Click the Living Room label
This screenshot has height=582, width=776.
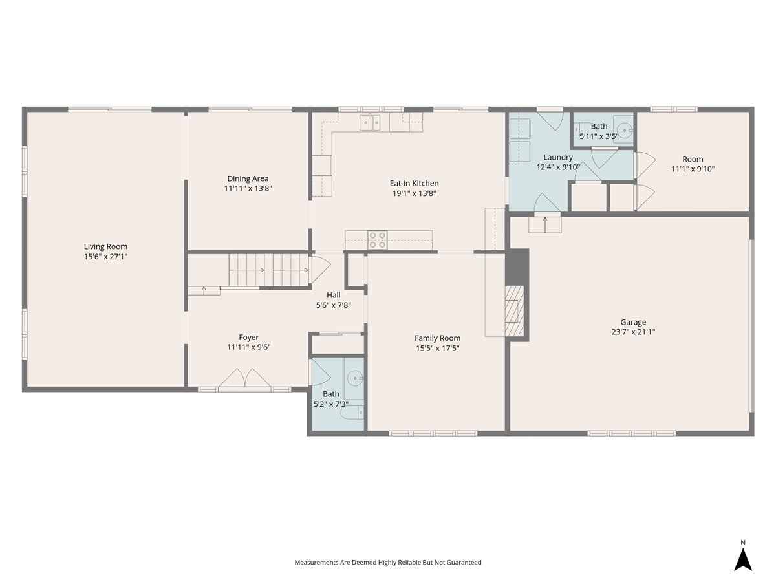105,246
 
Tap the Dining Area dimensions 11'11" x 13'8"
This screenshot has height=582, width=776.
248,188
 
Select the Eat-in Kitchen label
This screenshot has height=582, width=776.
414,184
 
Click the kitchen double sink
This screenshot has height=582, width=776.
370,122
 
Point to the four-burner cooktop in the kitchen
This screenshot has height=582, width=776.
377,239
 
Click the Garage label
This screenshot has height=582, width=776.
633,322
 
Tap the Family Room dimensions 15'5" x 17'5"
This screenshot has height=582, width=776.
438,349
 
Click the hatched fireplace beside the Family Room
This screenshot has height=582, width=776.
514,311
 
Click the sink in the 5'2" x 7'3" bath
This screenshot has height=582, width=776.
354,378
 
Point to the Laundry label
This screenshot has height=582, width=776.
558,157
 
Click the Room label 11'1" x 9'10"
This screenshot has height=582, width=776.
693,159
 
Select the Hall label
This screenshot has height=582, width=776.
334,295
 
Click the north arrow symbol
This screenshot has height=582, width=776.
743,560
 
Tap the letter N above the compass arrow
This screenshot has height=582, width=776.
743,543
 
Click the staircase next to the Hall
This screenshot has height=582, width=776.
269,270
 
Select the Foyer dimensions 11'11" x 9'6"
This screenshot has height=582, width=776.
248,347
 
